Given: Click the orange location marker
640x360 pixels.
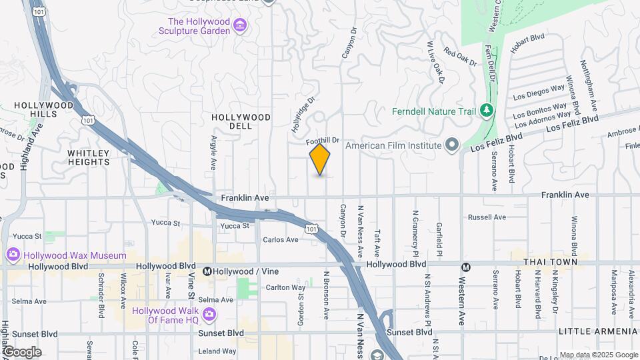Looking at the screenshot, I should (320, 159).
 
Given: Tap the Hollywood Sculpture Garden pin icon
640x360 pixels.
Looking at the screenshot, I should (241, 27).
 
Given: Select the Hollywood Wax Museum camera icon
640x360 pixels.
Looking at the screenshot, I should (13, 255).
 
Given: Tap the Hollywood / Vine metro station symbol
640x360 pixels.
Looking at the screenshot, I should (207, 271).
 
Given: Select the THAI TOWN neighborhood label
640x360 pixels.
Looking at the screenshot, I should (550, 263).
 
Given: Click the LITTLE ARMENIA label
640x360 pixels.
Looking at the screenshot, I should (598, 331).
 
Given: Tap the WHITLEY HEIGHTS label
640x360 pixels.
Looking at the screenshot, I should (88, 157).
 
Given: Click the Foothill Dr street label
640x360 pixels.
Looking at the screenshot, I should (323, 141).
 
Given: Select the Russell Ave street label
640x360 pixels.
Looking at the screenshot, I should (487, 217).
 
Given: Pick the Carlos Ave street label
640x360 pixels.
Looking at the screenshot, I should (281, 240).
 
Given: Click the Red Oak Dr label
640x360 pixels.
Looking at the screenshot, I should (461, 58).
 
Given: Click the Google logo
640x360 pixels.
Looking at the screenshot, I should (22, 352).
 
